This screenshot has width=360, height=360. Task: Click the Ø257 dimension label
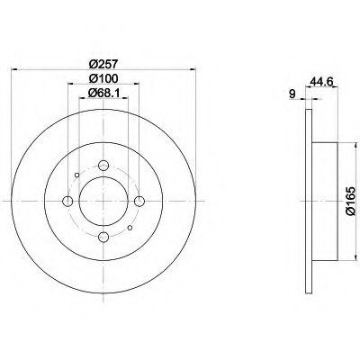click(103, 64)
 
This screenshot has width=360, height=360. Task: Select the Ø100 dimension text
click(103, 78)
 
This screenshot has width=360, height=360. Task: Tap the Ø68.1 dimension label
click(103, 93)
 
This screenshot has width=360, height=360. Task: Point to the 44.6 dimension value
click(322, 81)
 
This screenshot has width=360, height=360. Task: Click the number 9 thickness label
click(292, 94)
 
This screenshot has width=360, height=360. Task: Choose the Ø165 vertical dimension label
click(350, 201)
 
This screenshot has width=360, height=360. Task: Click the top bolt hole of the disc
click(103, 165)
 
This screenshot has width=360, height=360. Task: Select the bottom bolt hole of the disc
click(103, 237)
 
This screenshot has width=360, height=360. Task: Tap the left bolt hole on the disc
click(67, 201)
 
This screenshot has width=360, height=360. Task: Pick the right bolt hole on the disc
click(139, 201)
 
